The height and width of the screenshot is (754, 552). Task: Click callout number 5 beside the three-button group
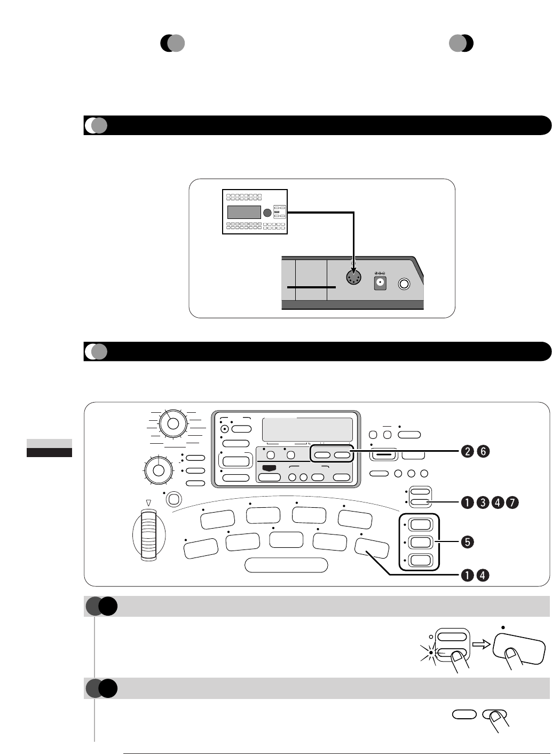pos(466,541)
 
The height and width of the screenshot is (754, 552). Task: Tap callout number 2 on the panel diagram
pos(466,451)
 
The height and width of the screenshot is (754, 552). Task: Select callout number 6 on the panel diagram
pos(482,451)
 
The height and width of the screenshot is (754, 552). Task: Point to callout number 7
pos(512,502)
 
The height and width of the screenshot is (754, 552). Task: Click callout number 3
pos(482,502)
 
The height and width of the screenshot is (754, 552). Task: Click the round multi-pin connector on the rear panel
pos(352,279)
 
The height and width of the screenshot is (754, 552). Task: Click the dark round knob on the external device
pos(267,213)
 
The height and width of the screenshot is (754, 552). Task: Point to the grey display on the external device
pos(244,213)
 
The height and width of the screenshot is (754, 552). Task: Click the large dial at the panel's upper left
pos(172,423)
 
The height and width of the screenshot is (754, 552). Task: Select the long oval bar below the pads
pos(286,565)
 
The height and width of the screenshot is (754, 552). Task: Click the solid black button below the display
pos(270,467)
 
